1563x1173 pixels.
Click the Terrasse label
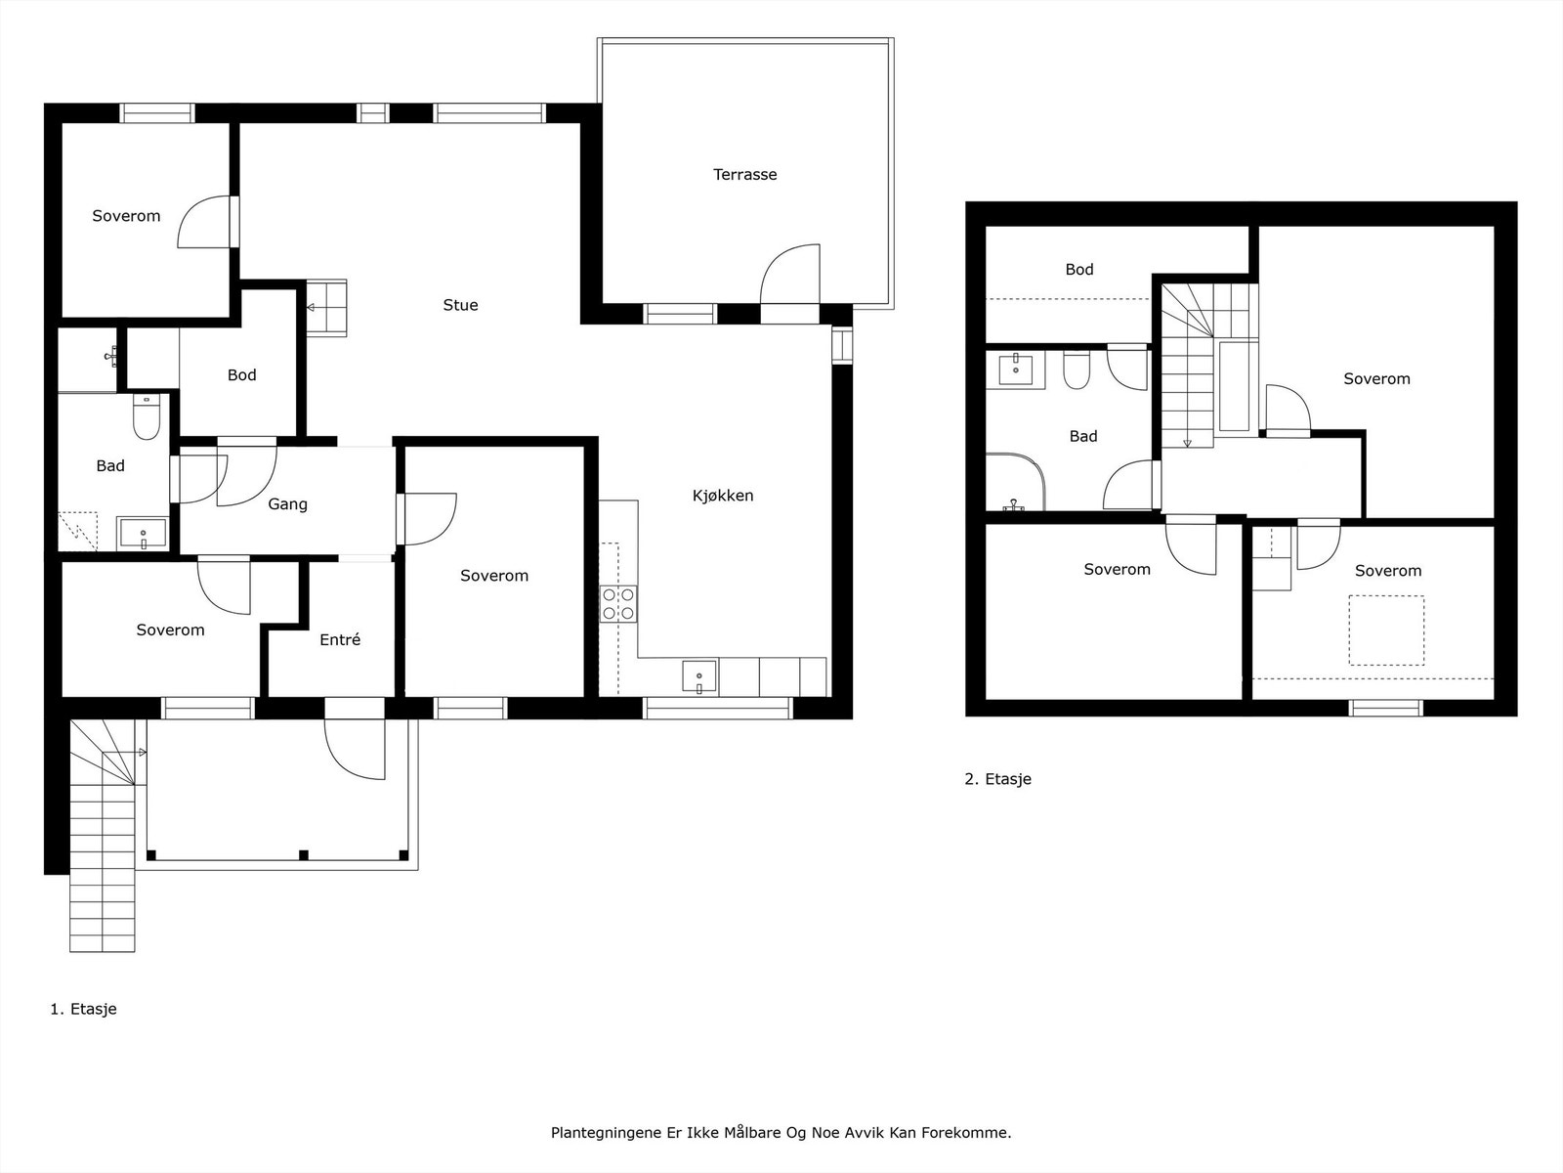[744, 175]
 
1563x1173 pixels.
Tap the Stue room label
[460, 305]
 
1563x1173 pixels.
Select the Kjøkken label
[723, 496]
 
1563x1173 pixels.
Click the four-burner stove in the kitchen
[618, 603]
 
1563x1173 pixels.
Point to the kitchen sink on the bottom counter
[699, 676]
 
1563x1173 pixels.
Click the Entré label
[340, 640]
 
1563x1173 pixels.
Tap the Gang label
[287, 504]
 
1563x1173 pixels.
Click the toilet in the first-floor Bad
[146, 418]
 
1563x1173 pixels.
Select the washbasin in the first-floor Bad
[143, 535]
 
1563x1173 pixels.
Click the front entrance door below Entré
[355, 748]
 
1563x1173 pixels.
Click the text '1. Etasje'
[83, 1009]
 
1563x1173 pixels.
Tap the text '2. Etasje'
[997, 779]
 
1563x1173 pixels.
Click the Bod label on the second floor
[1078, 270]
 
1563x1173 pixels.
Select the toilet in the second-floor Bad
[1077, 369]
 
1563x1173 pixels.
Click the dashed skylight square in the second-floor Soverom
[1386, 630]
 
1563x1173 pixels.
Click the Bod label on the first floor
[241, 375]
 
